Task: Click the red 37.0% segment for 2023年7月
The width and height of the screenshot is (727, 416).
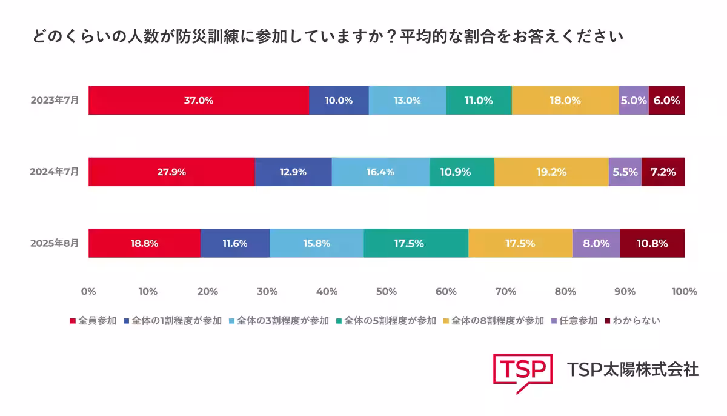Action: tap(199, 101)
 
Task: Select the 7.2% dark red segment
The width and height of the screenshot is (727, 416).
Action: tap(663, 172)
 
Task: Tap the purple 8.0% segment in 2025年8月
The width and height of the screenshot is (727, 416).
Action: tap(596, 243)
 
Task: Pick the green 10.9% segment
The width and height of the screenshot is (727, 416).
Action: tap(462, 172)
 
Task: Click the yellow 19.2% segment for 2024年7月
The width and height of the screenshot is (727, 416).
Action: tap(551, 172)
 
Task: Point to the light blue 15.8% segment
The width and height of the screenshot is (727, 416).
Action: tap(316, 243)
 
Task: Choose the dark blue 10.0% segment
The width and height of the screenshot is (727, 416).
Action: tap(339, 101)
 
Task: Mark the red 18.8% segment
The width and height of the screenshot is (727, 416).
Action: tap(144, 243)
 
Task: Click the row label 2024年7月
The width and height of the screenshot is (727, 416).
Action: tap(55, 172)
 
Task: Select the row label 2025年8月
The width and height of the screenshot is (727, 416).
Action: tap(55, 243)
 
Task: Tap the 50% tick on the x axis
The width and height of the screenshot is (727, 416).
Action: tap(387, 292)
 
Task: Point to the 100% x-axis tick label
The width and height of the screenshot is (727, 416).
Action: tap(684, 292)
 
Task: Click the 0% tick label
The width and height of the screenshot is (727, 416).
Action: tap(88, 292)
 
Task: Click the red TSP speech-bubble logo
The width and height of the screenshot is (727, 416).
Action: tap(522, 371)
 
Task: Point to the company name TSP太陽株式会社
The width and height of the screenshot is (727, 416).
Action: tap(632, 369)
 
